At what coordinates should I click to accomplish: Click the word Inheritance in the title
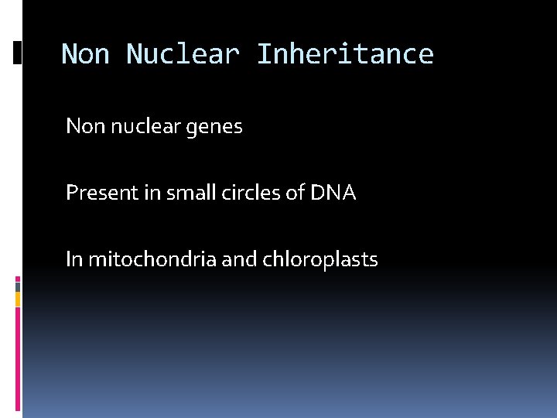[345, 54]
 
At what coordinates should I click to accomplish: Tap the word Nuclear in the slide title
[183, 54]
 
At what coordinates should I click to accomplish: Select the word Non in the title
[85, 54]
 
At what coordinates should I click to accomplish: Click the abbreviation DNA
[333, 193]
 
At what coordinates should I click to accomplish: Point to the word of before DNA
[295, 193]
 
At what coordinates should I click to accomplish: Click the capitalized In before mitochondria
[73, 259]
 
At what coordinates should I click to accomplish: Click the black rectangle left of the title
[18, 53]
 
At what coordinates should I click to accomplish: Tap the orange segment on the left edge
[18, 298]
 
